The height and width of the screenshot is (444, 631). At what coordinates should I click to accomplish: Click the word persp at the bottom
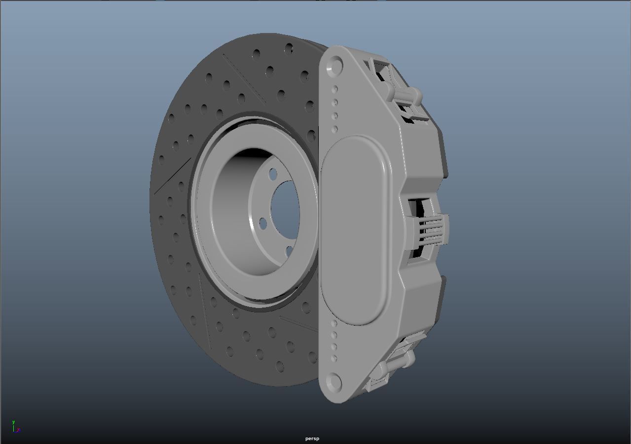click(312, 439)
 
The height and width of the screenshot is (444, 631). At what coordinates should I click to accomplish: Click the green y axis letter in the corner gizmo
click(13, 422)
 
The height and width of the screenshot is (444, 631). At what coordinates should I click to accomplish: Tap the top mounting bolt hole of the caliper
click(335, 65)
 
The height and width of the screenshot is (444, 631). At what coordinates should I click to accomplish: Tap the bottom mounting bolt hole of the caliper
click(334, 382)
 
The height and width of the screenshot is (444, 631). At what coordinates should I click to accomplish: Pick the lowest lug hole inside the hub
click(289, 252)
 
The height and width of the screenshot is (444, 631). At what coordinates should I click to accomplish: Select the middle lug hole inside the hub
click(263, 224)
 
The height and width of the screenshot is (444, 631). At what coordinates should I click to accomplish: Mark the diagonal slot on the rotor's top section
click(244, 79)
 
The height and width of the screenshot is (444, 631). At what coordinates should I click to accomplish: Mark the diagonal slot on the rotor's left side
click(173, 176)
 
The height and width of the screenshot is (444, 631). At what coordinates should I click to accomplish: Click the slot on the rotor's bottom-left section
click(205, 310)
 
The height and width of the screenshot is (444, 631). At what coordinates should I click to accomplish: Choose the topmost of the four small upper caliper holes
click(335, 89)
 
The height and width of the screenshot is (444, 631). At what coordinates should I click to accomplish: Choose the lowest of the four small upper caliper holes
click(335, 129)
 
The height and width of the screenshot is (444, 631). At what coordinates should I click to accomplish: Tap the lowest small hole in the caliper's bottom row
click(334, 358)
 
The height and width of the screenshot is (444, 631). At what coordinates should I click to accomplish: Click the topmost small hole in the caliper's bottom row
click(334, 323)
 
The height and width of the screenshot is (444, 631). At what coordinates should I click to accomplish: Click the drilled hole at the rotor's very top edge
click(289, 48)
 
